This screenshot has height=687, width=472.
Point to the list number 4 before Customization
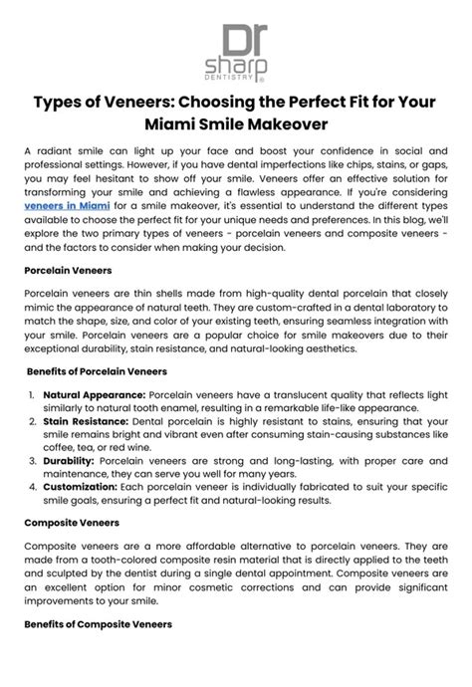tap(33, 489)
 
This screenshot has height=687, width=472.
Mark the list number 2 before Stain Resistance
tap(33, 422)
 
